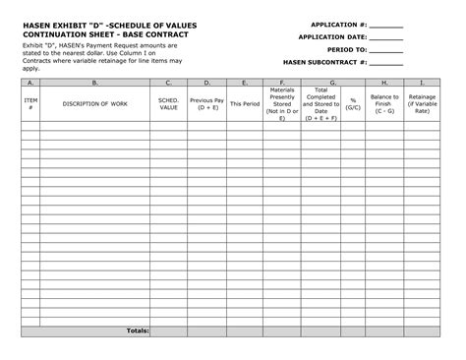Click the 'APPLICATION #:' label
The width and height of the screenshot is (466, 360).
(x=337, y=24)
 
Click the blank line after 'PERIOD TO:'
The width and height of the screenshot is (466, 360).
(x=386, y=49)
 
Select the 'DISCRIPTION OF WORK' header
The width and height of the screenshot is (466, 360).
(x=94, y=102)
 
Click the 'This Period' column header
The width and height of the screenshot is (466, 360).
(x=245, y=102)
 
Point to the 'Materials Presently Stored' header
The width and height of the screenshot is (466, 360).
(x=282, y=102)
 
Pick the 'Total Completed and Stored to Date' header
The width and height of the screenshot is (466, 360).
(x=321, y=102)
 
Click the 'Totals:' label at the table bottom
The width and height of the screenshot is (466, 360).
(x=138, y=330)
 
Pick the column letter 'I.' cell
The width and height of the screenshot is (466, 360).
(x=423, y=83)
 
